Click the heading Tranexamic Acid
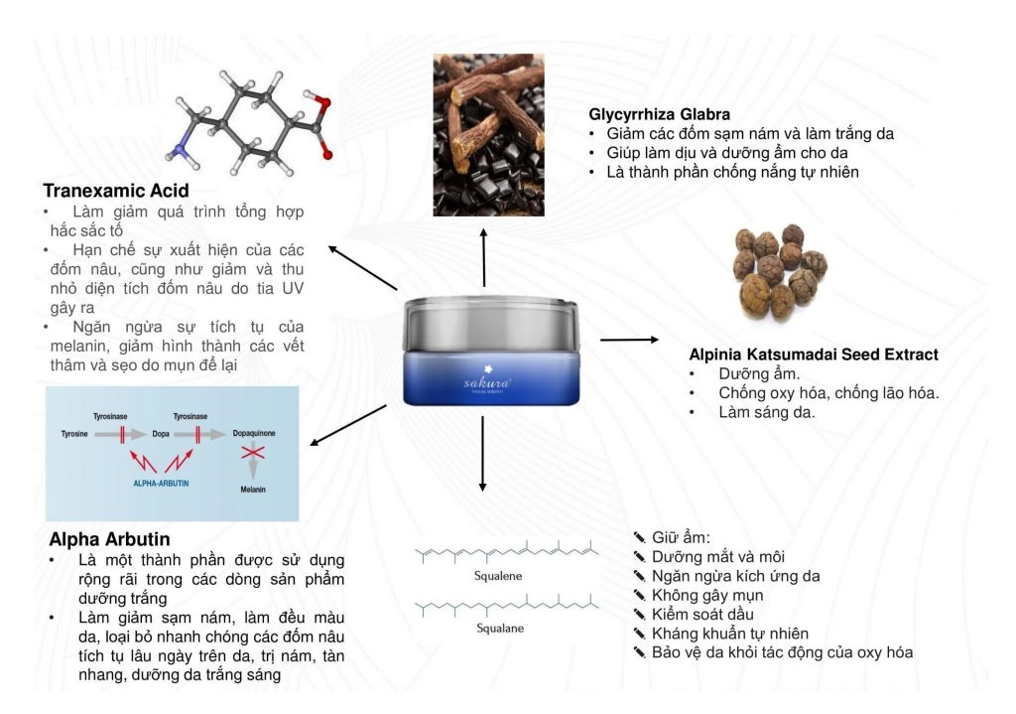coord(116,191)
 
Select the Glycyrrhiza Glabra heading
coord(659,114)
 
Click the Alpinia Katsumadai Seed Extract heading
coord(814,355)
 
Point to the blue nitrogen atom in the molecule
coord(181,150)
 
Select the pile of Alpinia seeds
coord(780,271)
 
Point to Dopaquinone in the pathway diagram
coord(253,434)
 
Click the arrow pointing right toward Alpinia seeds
coord(629,340)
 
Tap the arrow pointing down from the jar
coord(482,453)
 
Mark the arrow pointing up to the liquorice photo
coord(484,256)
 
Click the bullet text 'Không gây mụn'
coord(707,595)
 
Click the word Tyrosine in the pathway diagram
coord(74,434)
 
